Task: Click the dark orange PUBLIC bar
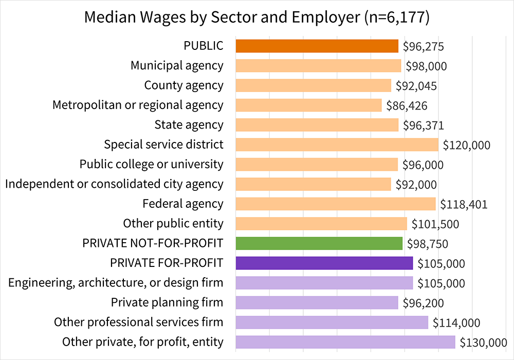317,46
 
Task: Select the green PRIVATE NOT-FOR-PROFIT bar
319,243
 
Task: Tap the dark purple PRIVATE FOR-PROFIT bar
324,263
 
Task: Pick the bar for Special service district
337,145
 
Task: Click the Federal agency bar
335,204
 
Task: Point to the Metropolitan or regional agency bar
308,105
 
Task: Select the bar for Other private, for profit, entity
345,342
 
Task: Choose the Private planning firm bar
317,302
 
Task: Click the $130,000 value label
483,343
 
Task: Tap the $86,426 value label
407,105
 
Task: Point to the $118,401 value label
464,204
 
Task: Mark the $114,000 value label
456,323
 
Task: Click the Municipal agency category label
177,65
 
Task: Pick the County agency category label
183,85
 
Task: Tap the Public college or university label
151,164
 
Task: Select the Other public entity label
173,223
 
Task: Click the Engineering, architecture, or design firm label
116,282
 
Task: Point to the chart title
256,17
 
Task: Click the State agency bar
317,125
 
